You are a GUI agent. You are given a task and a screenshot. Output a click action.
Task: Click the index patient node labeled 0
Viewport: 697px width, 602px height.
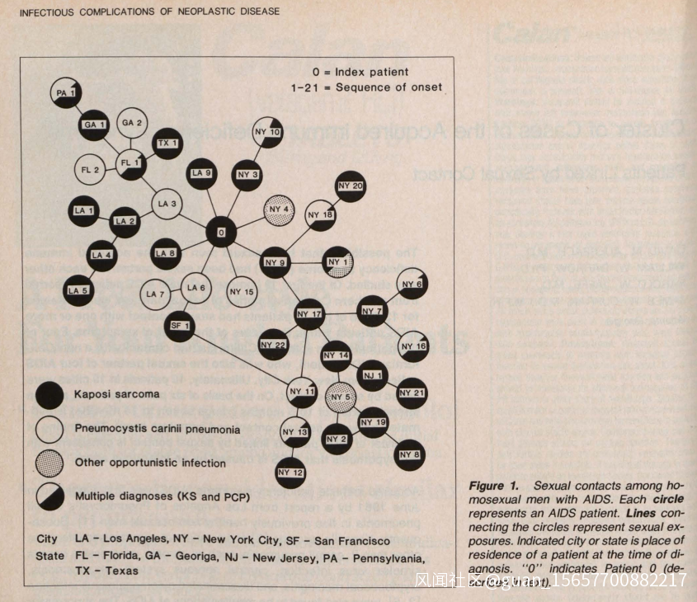pyautogui.click(x=221, y=233)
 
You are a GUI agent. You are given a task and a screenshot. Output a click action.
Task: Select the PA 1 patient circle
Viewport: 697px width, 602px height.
pyautogui.click(x=66, y=92)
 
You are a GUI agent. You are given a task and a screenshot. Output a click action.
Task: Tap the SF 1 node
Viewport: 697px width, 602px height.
pyautogui.click(x=181, y=325)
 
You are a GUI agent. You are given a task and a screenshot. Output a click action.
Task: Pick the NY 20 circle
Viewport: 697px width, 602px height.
pyautogui.click(x=351, y=186)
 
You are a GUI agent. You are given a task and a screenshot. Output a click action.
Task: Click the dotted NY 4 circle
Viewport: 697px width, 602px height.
pyautogui.click(x=279, y=209)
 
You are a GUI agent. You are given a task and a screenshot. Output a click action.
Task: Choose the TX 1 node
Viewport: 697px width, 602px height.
pyautogui.click(x=168, y=143)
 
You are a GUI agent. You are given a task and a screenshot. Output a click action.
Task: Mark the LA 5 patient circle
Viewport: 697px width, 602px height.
pyautogui.click(x=78, y=289)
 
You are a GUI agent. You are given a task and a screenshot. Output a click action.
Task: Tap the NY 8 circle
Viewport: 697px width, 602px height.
pyautogui.click(x=411, y=453)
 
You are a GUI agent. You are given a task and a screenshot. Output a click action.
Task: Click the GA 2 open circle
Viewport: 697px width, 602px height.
pyautogui.click(x=132, y=123)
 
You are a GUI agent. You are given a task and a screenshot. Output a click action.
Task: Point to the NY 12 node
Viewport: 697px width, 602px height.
pyautogui.click(x=290, y=472)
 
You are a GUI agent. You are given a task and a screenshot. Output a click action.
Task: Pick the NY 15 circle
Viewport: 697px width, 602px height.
pyautogui.click(x=241, y=292)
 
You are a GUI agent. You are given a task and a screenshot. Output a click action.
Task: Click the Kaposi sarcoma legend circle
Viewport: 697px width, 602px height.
pyautogui.click(x=50, y=396)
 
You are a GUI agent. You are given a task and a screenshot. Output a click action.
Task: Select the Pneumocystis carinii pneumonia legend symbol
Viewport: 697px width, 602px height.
pyautogui.click(x=50, y=429)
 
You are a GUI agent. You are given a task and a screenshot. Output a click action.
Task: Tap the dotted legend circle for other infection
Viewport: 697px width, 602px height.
pyautogui.click(x=50, y=463)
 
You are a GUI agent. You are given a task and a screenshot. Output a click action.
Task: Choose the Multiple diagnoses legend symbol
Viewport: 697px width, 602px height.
pyautogui.click(x=50, y=496)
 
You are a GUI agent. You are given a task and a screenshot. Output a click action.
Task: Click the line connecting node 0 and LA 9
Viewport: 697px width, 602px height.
pyautogui.click(x=211, y=204)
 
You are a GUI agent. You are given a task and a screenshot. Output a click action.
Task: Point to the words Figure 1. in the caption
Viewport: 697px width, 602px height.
pyautogui.click(x=494, y=486)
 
